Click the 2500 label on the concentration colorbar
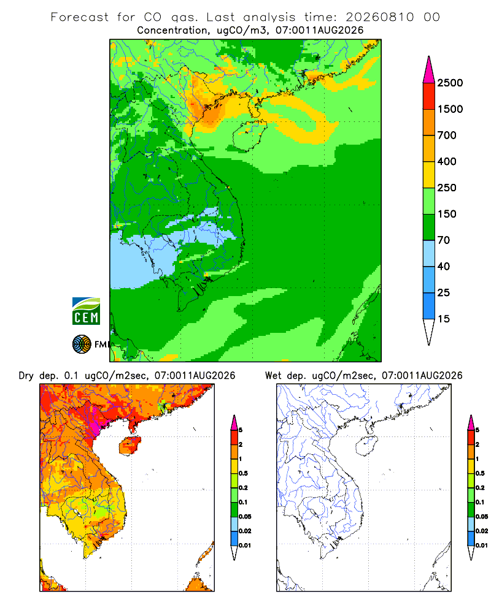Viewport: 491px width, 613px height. [450, 83]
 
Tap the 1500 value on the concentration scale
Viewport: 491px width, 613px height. [450, 109]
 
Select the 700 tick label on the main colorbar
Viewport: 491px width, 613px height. [447, 135]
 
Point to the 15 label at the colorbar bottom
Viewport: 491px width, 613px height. [444, 319]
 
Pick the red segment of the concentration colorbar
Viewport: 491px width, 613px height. [429, 96]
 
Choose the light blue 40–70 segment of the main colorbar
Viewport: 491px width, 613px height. [429, 253]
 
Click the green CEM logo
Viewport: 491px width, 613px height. [86, 311]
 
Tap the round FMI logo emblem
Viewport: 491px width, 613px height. [82, 345]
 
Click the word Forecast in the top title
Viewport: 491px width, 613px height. [80, 17]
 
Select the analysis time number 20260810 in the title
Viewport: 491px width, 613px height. [380, 17]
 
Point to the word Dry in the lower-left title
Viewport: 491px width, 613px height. [26, 376]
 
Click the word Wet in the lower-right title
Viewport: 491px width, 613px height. [273, 376]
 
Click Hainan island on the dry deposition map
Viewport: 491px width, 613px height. [130, 446]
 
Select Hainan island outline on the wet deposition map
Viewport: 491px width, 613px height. [366, 446]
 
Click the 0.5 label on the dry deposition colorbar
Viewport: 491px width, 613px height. [243, 473]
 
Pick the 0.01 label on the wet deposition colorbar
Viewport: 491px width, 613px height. [482, 546]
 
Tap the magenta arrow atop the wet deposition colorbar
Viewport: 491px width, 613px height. [471, 422]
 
